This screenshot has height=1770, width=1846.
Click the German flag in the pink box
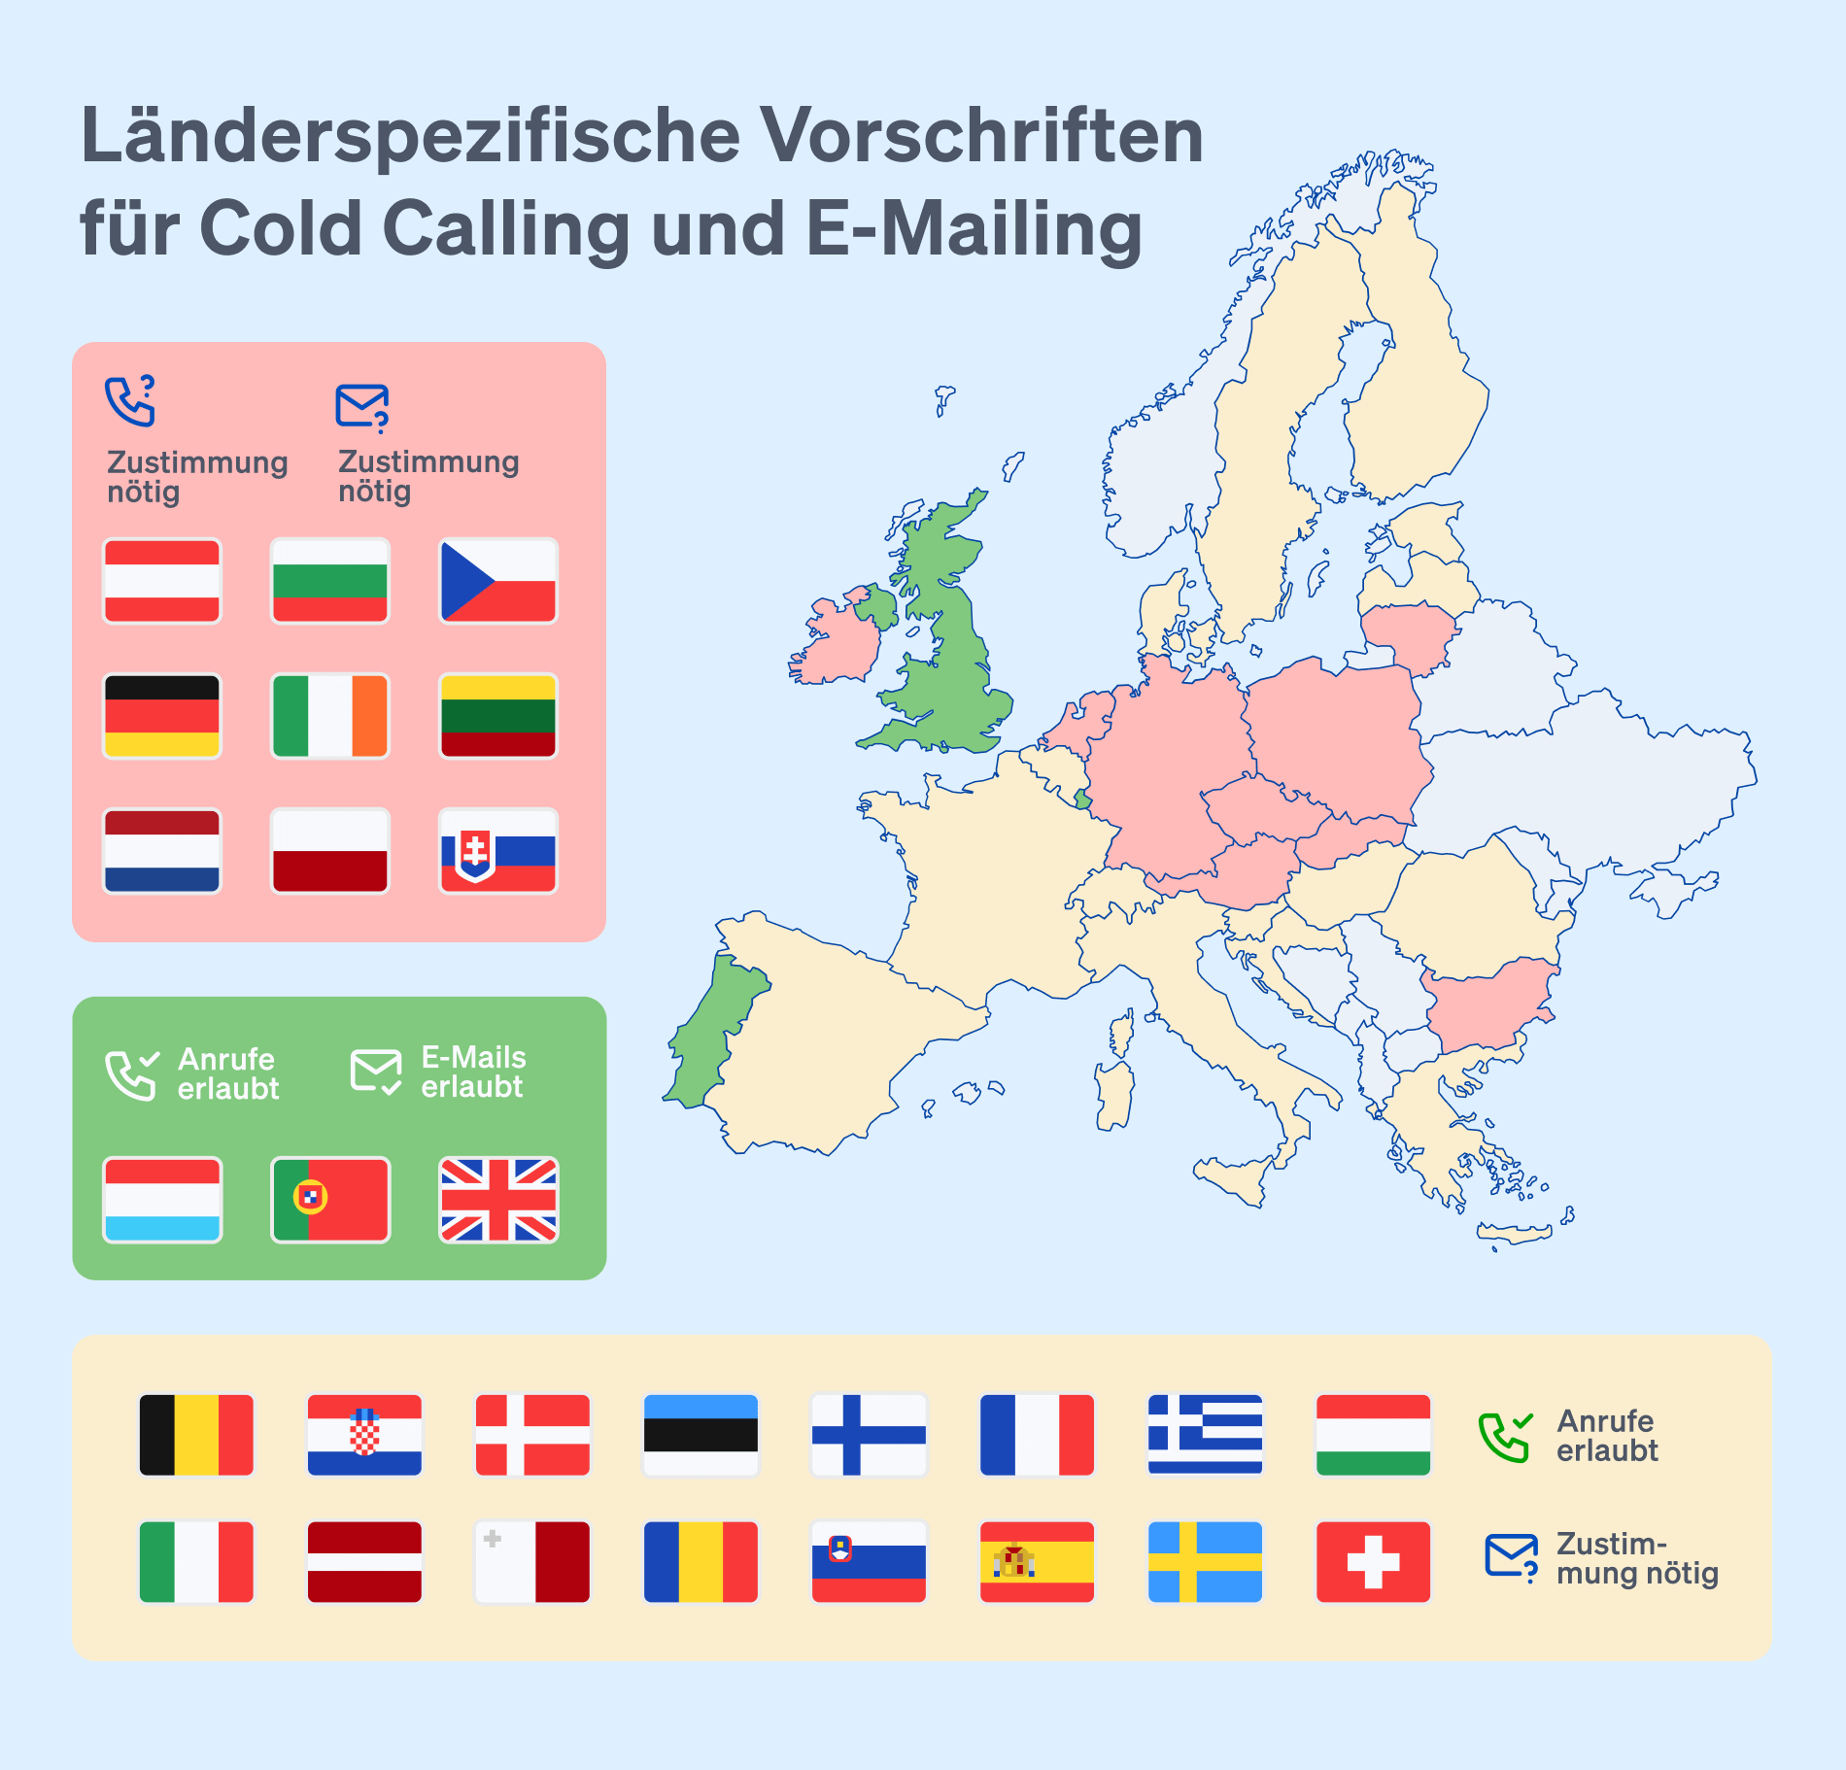pos(162,716)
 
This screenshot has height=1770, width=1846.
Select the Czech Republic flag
pos(498,581)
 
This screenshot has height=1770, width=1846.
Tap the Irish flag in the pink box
pos(330,716)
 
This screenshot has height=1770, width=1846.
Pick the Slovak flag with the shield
pos(498,851)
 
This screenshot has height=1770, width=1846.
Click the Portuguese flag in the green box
pos(330,1200)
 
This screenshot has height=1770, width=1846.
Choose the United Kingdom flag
pos(498,1200)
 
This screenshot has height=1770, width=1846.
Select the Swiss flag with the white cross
pos(1373,1562)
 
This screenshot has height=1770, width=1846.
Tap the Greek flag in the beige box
pos(1205,1435)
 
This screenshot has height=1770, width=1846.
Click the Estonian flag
pos(701,1435)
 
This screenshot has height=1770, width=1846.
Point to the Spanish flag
pos(1037,1562)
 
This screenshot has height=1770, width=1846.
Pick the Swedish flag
pos(1205,1562)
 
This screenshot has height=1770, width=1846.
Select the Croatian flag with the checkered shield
pos(364,1435)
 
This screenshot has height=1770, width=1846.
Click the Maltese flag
pos(532,1562)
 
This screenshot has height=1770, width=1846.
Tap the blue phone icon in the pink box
pos(130,401)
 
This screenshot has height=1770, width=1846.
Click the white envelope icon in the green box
pos(376,1072)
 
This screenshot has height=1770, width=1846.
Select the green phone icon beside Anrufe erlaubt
pos(1504,1437)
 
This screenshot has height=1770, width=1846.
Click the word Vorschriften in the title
pos(981,136)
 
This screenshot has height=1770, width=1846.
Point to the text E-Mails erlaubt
pos(473,1072)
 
